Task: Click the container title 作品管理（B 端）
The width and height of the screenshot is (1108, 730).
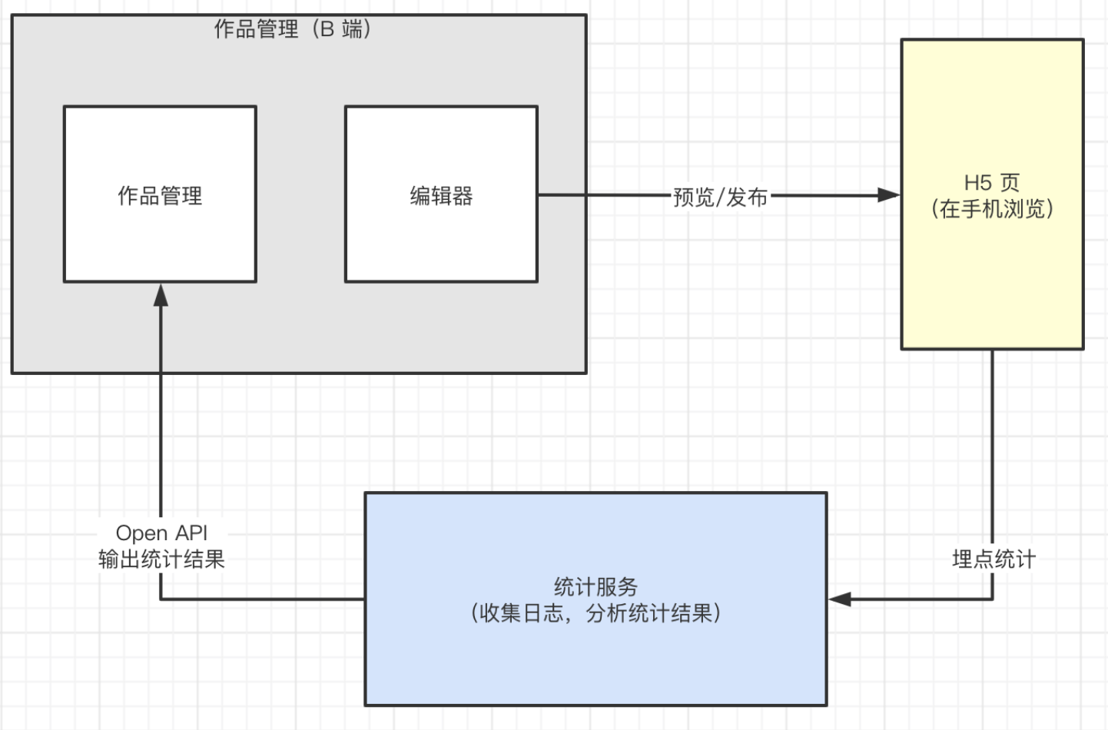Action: point(292,29)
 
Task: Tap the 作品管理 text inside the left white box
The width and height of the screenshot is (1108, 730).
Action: point(160,196)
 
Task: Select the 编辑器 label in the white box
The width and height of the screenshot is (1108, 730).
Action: point(441,196)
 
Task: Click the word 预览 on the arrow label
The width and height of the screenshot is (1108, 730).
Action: point(693,197)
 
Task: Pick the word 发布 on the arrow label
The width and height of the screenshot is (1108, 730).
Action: point(747,197)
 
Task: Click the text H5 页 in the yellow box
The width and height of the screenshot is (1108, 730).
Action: point(992,183)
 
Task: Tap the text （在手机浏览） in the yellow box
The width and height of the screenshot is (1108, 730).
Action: point(992,209)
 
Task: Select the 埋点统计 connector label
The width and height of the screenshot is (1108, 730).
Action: point(994,559)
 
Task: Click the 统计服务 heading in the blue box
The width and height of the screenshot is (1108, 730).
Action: point(595,587)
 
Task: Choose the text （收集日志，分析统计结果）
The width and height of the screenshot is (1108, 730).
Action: point(595,613)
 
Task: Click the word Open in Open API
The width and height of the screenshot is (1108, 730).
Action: point(141,533)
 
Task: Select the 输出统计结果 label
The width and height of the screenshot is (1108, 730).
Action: point(161,559)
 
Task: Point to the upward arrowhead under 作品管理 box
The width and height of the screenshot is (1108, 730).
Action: point(161,295)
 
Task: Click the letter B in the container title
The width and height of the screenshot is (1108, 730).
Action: point(327,29)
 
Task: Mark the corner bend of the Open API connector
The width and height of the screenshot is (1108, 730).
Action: point(161,599)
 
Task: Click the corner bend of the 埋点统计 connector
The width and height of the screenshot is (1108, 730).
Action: point(992,599)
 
